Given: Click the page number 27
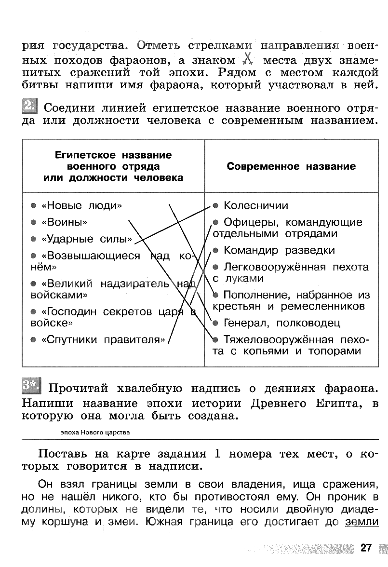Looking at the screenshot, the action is click(366, 548).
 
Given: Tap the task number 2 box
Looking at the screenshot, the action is click(30, 106).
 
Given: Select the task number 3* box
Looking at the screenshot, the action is click(32, 386).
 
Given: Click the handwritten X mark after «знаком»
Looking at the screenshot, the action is click(247, 59).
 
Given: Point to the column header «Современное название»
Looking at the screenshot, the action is click(291, 166).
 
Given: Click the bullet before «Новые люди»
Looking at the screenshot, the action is click(33, 206).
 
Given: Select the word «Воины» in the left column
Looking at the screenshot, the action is click(65, 222).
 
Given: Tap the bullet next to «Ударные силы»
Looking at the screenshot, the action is click(33, 239).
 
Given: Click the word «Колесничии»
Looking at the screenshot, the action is click(256, 206).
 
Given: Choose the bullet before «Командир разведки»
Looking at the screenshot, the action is click(215, 251).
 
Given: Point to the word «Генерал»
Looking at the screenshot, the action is click(245, 323).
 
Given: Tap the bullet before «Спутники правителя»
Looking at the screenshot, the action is click(33, 340).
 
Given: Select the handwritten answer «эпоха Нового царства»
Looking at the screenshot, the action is click(95, 432).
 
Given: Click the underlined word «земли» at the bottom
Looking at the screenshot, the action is click(361, 522).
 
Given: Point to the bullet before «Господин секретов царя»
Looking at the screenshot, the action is click(33, 312).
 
